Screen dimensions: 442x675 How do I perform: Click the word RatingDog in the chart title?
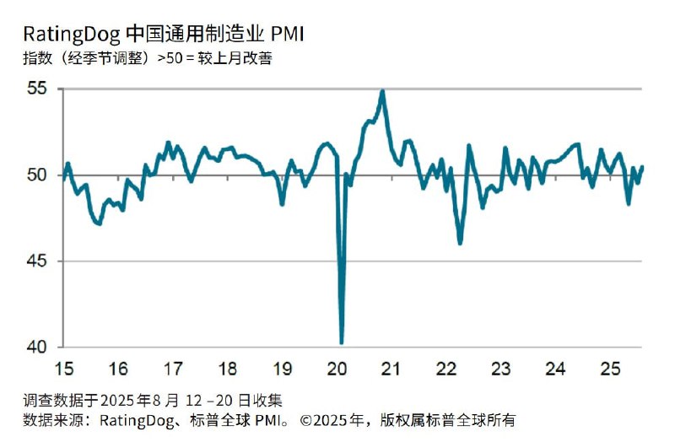(71, 35)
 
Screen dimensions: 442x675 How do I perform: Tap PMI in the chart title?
(286, 35)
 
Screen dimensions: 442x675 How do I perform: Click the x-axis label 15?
(63, 369)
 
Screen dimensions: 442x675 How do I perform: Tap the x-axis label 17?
(173, 369)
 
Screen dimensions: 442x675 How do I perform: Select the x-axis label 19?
(283, 369)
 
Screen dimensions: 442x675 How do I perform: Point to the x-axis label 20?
(337, 369)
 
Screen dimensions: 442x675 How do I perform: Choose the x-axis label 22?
(446, 369)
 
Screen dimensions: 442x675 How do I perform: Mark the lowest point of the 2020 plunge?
(342, 342)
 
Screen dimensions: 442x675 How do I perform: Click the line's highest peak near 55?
(383, 91)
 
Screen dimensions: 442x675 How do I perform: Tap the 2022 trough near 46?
(460, 244)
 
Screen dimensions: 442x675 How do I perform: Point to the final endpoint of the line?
(643, 167)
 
